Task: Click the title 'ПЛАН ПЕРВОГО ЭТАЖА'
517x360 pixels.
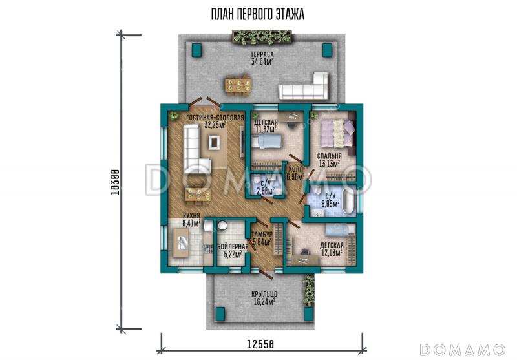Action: pos(258,14)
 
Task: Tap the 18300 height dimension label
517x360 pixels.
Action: pos(114,182)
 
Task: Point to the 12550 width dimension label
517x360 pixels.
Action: pos(260,344)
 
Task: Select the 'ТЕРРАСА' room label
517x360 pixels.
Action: pos(262,54)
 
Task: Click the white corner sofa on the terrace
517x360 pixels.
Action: pos(304,87)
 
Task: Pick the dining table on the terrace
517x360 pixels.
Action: pos(238,85)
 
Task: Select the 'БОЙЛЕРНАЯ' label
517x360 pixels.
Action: pos(233,247)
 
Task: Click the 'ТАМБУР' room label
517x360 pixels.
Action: pos(262,234)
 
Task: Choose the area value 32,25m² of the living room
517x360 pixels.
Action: pos(215,125)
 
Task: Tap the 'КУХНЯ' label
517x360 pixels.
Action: pos(191,216)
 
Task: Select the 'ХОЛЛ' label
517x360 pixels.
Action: pos(295,169)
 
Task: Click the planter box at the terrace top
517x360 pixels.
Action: pos(262,37)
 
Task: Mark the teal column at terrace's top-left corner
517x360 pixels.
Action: pos(197,50)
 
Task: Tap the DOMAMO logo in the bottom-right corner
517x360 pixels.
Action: pos(463,350)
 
